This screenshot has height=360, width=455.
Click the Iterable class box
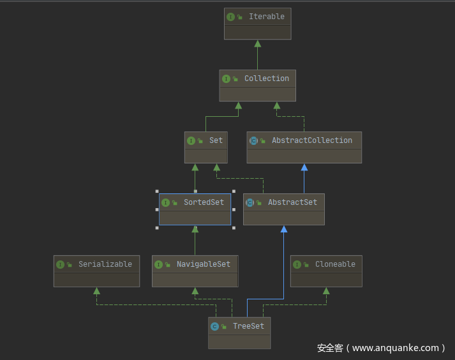click(257, 24)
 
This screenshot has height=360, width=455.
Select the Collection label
click(266, 79)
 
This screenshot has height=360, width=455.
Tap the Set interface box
click(205, 147)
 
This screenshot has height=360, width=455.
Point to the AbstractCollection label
click(311, 140)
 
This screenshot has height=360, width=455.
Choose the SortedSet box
click(195, 209)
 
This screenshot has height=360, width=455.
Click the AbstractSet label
click(292, 202)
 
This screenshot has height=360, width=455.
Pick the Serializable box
click(96, 271)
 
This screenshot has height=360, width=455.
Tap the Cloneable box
click(326, 271)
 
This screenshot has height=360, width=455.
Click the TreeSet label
click(248, 326)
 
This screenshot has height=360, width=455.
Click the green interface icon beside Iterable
click(230, 17)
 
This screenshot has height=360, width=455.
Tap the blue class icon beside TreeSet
click(214, 326)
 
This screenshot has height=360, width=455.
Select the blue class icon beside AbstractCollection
click(253, 140)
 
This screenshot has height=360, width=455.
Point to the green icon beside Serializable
click(60, 264)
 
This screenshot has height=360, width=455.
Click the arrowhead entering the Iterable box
click(257, 43)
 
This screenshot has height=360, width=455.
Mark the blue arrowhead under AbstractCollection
click(304, 167)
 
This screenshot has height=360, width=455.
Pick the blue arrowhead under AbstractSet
click(284, 229)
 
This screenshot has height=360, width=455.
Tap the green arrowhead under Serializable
click(96, 291)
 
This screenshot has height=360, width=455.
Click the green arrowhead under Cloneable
click(326, 291)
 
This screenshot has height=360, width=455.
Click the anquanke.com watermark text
click(381, 348)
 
